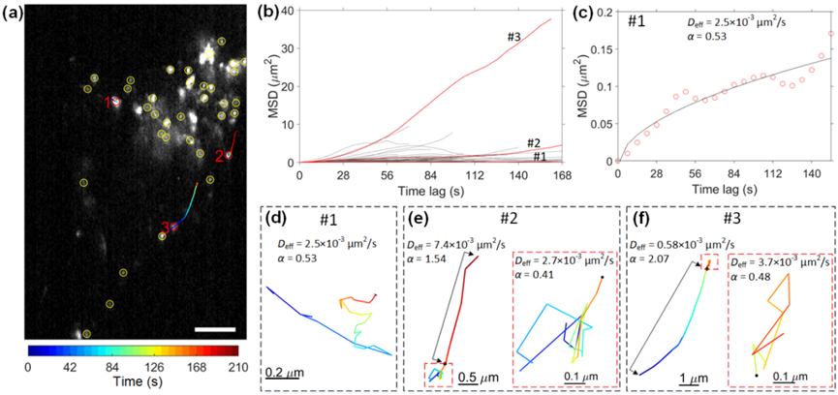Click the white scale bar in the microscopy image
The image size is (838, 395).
pos(214,330)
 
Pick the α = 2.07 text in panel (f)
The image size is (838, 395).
pos(659,258)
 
